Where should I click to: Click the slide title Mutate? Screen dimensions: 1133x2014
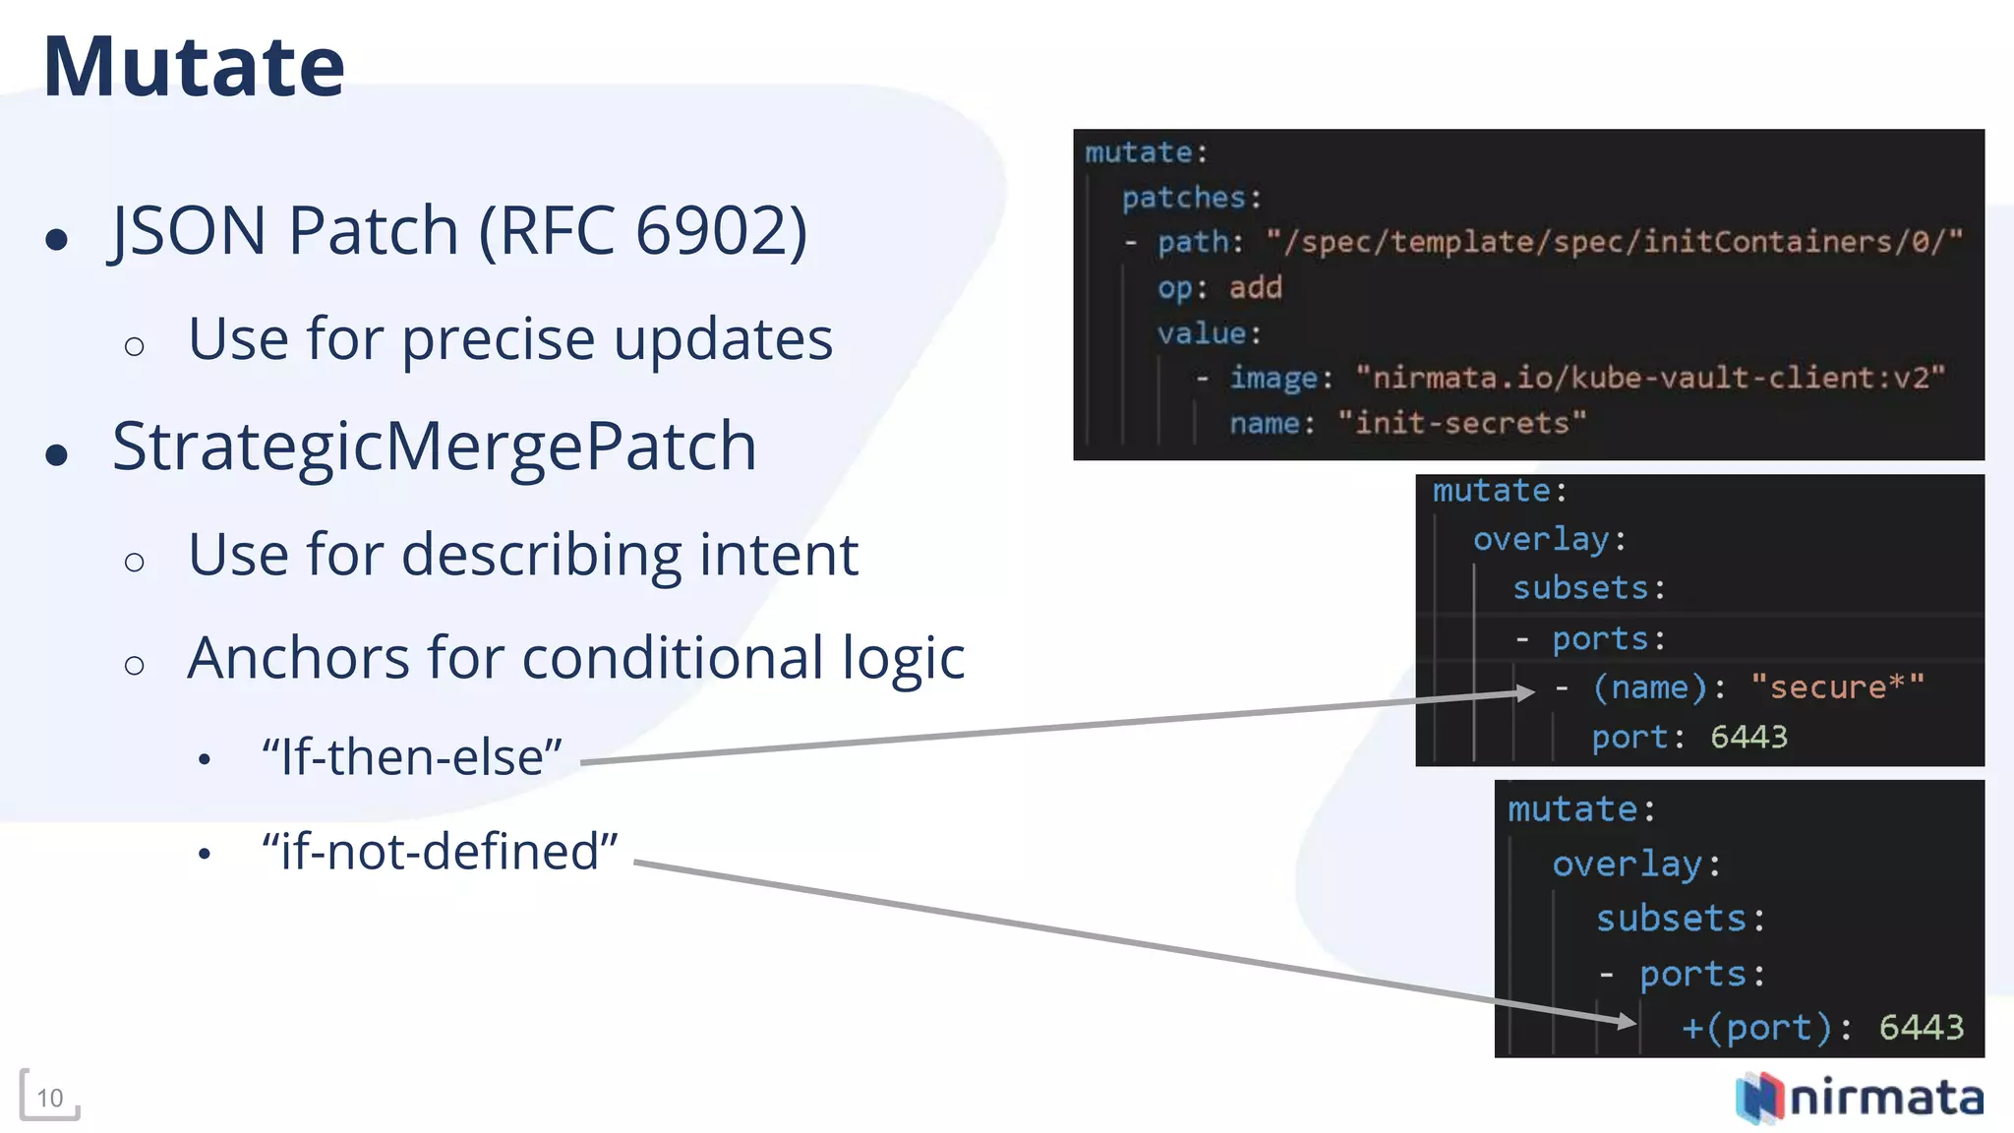(194, 67)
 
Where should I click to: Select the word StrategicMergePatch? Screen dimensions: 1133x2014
(434, 447)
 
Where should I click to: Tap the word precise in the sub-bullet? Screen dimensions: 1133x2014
(498, 339)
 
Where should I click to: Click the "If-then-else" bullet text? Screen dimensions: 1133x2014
(412, 757)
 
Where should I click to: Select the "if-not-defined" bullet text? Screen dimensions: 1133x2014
(440, 852)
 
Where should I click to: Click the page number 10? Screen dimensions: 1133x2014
(49, 1098)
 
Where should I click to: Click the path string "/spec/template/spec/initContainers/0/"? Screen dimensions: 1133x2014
(1614, 241)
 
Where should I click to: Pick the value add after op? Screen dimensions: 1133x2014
(1255, 287)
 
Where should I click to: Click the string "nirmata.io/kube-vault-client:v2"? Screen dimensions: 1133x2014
(1650, 378)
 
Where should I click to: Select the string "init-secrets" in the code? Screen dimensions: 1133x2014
(1461, 423)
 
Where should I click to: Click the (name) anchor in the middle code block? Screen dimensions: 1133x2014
(1649, 687)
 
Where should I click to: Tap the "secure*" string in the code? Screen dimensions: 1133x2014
(1837, 687)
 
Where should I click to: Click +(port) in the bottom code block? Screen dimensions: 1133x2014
(1756, 1028)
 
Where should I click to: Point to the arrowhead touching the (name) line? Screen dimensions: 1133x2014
(1525, 692)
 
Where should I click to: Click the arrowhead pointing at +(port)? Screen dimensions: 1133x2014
(1627, 1022)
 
